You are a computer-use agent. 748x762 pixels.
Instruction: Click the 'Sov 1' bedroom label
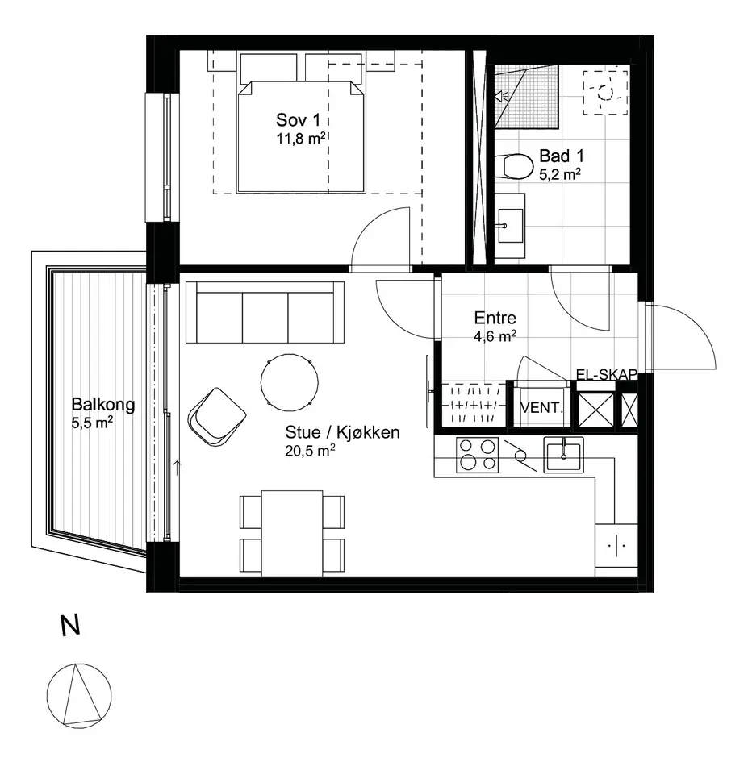pos(298,119)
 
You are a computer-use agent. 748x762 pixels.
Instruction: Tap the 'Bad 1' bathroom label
pos(562,156)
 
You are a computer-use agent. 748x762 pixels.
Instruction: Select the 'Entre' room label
pos(495,318)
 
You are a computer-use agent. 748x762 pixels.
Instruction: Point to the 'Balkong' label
pos(103,404)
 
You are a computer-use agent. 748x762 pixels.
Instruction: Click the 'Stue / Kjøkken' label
pos(342,432)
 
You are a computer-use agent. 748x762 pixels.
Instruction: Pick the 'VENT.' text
pos(541,408)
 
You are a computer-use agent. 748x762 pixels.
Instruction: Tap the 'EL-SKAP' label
pos(607,374)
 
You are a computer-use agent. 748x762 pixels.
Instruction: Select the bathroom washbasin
pos(510,226)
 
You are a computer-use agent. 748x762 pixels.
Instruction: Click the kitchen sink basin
pos(564,455)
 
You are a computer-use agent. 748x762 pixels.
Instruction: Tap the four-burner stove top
pos(478,455)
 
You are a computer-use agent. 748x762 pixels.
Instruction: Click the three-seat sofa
pos(265,312)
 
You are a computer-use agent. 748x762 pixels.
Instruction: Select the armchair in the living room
pos(216,417)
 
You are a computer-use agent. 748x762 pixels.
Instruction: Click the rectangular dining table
pos(292,533)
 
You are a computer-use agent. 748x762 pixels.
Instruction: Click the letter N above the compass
pos(70,626)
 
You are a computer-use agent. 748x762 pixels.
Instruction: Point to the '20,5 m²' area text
pos(310,451)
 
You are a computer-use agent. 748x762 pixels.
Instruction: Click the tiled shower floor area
pos(526,96)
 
